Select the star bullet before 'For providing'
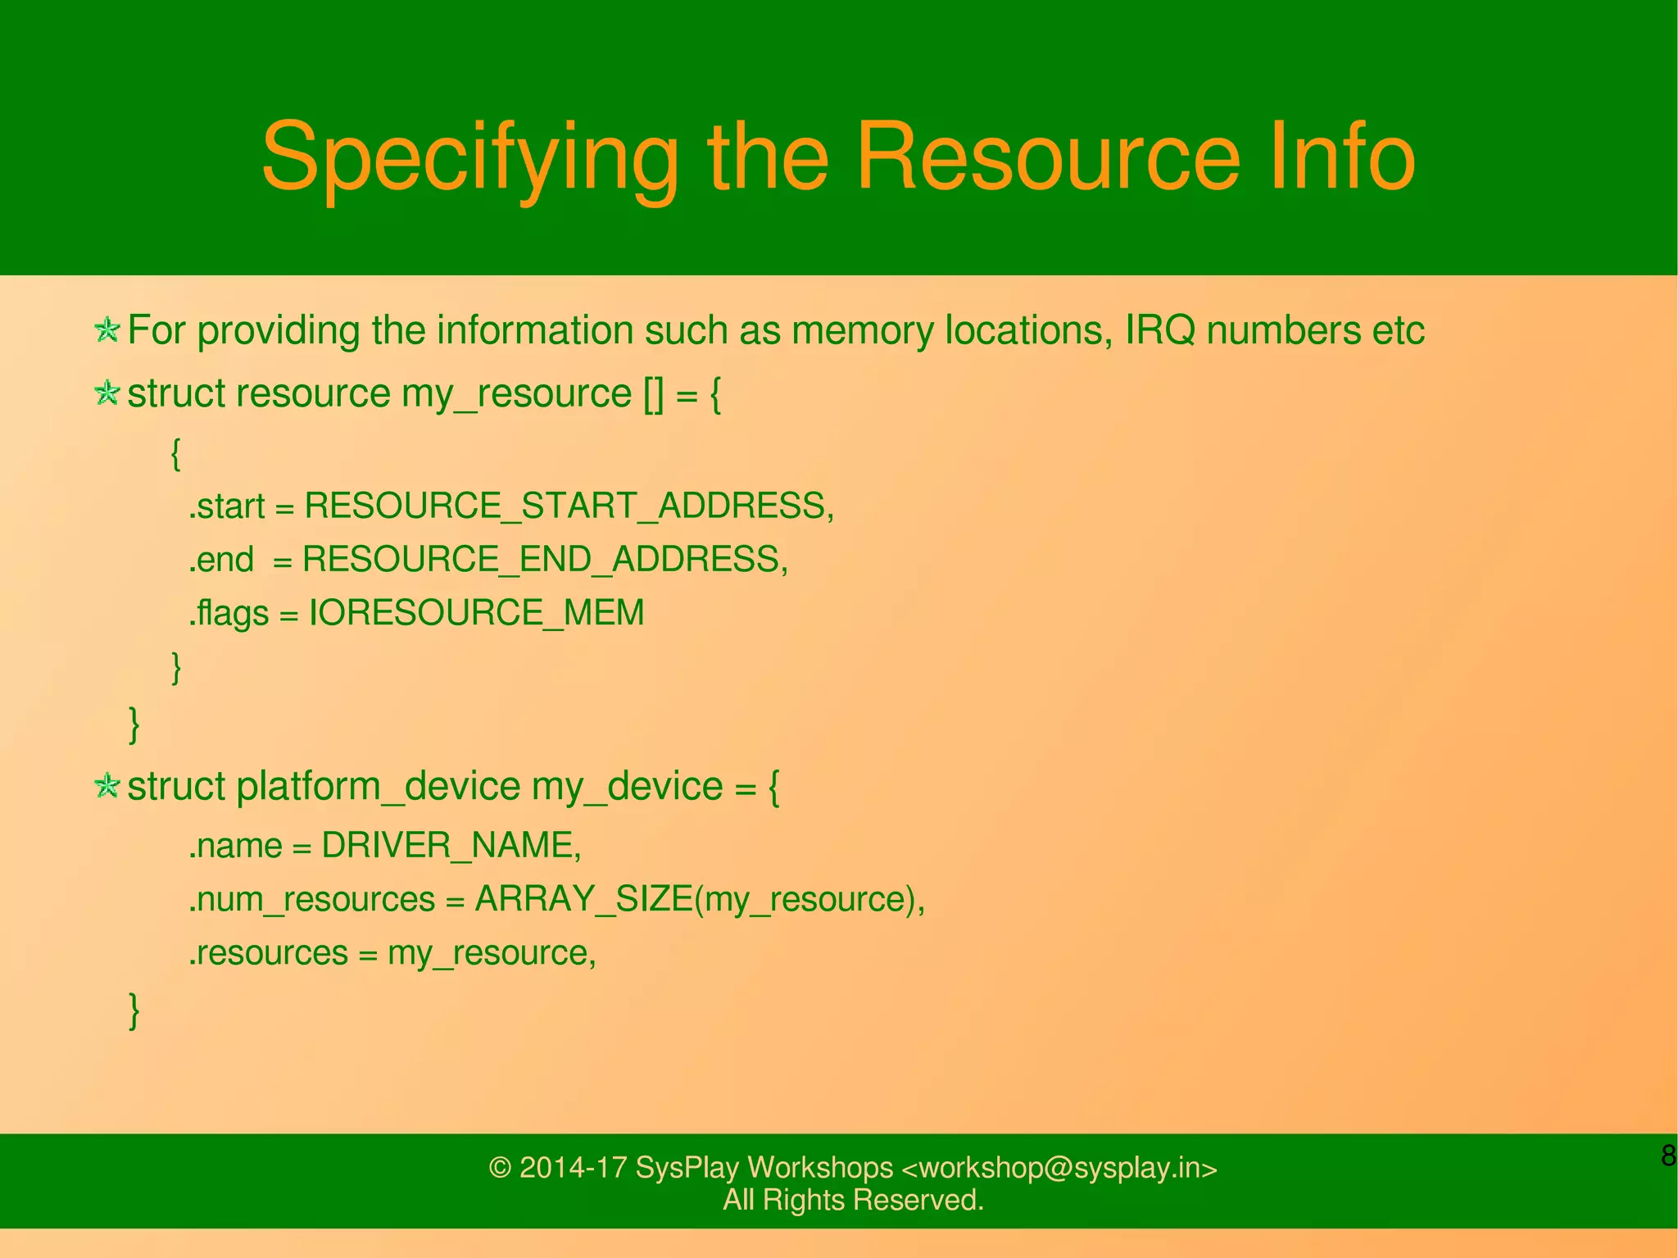tap(107, 330)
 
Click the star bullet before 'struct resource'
tap(107, 393)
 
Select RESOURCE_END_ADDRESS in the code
tap(543, 560)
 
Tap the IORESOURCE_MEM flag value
tap(476, 613)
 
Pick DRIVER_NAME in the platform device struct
tap(450, 845)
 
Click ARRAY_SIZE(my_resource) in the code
tap(698, 899)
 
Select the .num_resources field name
tap(312, 900)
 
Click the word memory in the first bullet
tap(863, 330)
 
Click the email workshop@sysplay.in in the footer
tap(1059, 1168)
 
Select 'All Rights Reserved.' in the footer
tap(853, 1200)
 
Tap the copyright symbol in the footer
tap(500, 1168)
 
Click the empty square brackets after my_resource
tap(654, 394)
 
